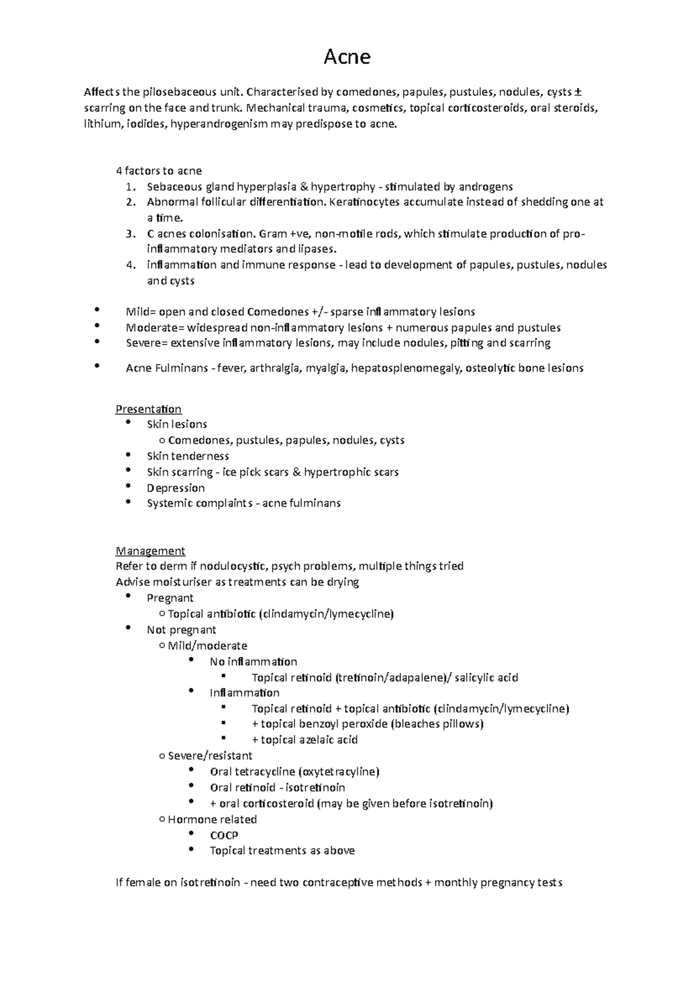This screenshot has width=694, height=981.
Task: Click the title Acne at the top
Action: (347, 57)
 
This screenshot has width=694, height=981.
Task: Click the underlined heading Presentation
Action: (149, 409)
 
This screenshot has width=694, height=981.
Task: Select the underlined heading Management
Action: (150, 551)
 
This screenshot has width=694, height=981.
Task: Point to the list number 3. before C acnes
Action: (131, 234)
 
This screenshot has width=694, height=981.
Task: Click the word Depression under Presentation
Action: (176, 488)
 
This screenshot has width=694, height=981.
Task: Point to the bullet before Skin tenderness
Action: (128, 455)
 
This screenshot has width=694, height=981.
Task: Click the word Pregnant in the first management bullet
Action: (170, 598)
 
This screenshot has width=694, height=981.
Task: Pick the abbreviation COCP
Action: (224, 835)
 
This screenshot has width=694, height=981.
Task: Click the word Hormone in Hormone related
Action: (189, 819)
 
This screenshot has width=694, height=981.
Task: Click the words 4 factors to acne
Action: (159, 171)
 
